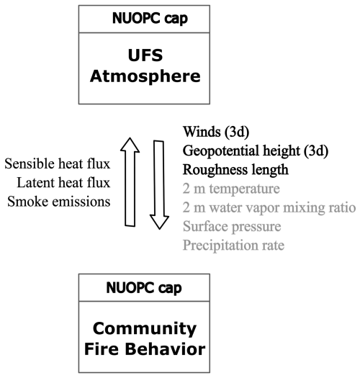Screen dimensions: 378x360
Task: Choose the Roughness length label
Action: (x=235, y=171)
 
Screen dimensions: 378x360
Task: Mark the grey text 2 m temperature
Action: (x=231, y=189)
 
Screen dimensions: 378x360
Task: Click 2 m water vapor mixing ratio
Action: (x=269, y=208)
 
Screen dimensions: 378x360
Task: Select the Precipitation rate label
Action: (x=233, y=246)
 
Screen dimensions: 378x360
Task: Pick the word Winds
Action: (x=201, y=133)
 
